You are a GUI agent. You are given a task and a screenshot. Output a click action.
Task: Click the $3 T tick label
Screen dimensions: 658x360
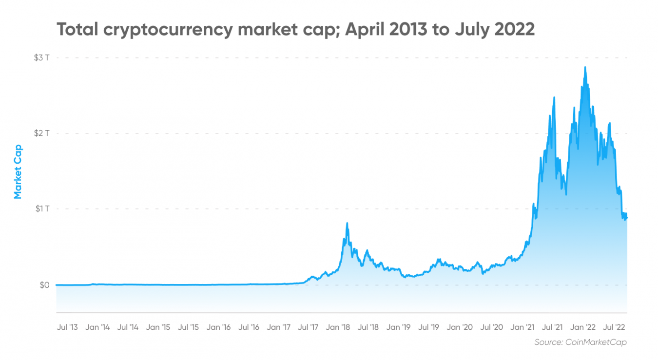[x=42, y=57]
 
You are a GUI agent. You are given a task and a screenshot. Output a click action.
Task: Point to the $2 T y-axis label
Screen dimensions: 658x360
[x=42, y=133]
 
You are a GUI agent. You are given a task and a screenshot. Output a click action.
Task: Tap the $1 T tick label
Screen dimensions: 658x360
[x=42, y=209]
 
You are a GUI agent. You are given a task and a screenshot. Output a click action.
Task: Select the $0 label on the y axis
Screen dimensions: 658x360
[x=45, y=285]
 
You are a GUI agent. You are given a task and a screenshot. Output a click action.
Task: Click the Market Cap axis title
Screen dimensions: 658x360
[x=18, y=172]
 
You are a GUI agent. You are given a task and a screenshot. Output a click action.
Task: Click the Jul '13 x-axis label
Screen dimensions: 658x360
[x=67, y=327]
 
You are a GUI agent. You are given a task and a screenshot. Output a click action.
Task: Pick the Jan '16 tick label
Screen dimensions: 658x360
[x=218, y=327]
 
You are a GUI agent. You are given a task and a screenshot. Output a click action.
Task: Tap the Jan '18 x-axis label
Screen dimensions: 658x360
[x=338, y=327]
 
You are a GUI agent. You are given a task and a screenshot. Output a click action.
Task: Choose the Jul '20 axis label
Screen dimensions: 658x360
[x=491, y=327]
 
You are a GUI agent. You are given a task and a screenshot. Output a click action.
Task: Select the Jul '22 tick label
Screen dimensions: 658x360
[x=614, y=327]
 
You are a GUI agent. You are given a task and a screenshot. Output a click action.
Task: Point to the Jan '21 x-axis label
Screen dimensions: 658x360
[x=523, y=327]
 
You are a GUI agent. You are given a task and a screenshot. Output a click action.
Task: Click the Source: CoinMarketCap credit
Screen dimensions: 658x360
[x=581, y=342]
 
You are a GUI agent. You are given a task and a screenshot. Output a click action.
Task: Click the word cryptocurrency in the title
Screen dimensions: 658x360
[x=168, y=30]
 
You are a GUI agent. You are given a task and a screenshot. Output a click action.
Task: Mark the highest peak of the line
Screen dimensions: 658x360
[x=585, y=67]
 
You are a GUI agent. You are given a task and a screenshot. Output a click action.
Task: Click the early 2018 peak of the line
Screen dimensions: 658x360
[x=347, y=223]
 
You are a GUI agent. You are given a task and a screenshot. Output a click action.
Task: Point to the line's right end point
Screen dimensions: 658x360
[x=627, y=218]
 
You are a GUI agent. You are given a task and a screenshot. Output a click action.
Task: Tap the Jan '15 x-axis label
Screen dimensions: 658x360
[x=158, y=327]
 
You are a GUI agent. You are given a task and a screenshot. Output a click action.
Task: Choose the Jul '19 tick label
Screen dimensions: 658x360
[x=428, y=327]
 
